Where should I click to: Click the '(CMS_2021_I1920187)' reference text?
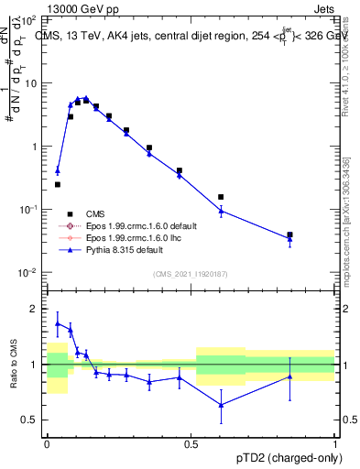tap(191, 273)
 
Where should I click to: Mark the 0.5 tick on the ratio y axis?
tap(33, 420)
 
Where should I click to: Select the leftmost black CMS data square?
tap(58, 184)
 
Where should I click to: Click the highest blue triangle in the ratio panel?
tap(58, 323)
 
